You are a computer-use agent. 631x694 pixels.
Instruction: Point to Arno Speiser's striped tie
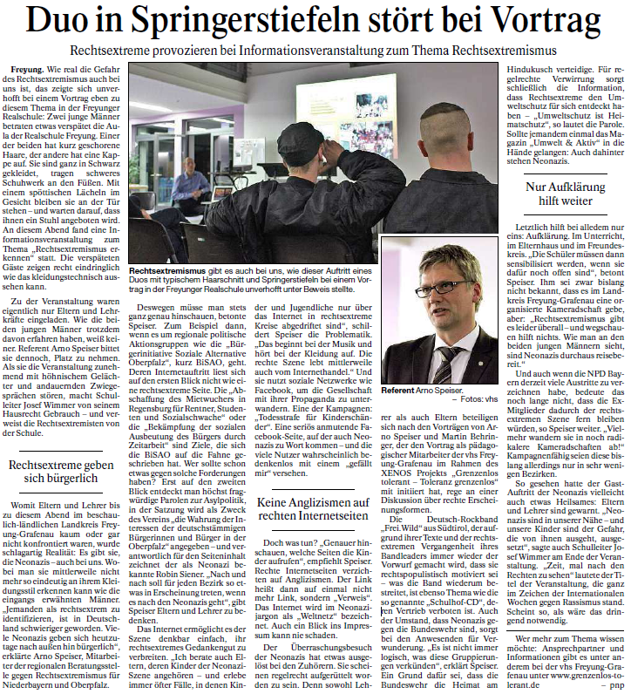coord(444,360)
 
